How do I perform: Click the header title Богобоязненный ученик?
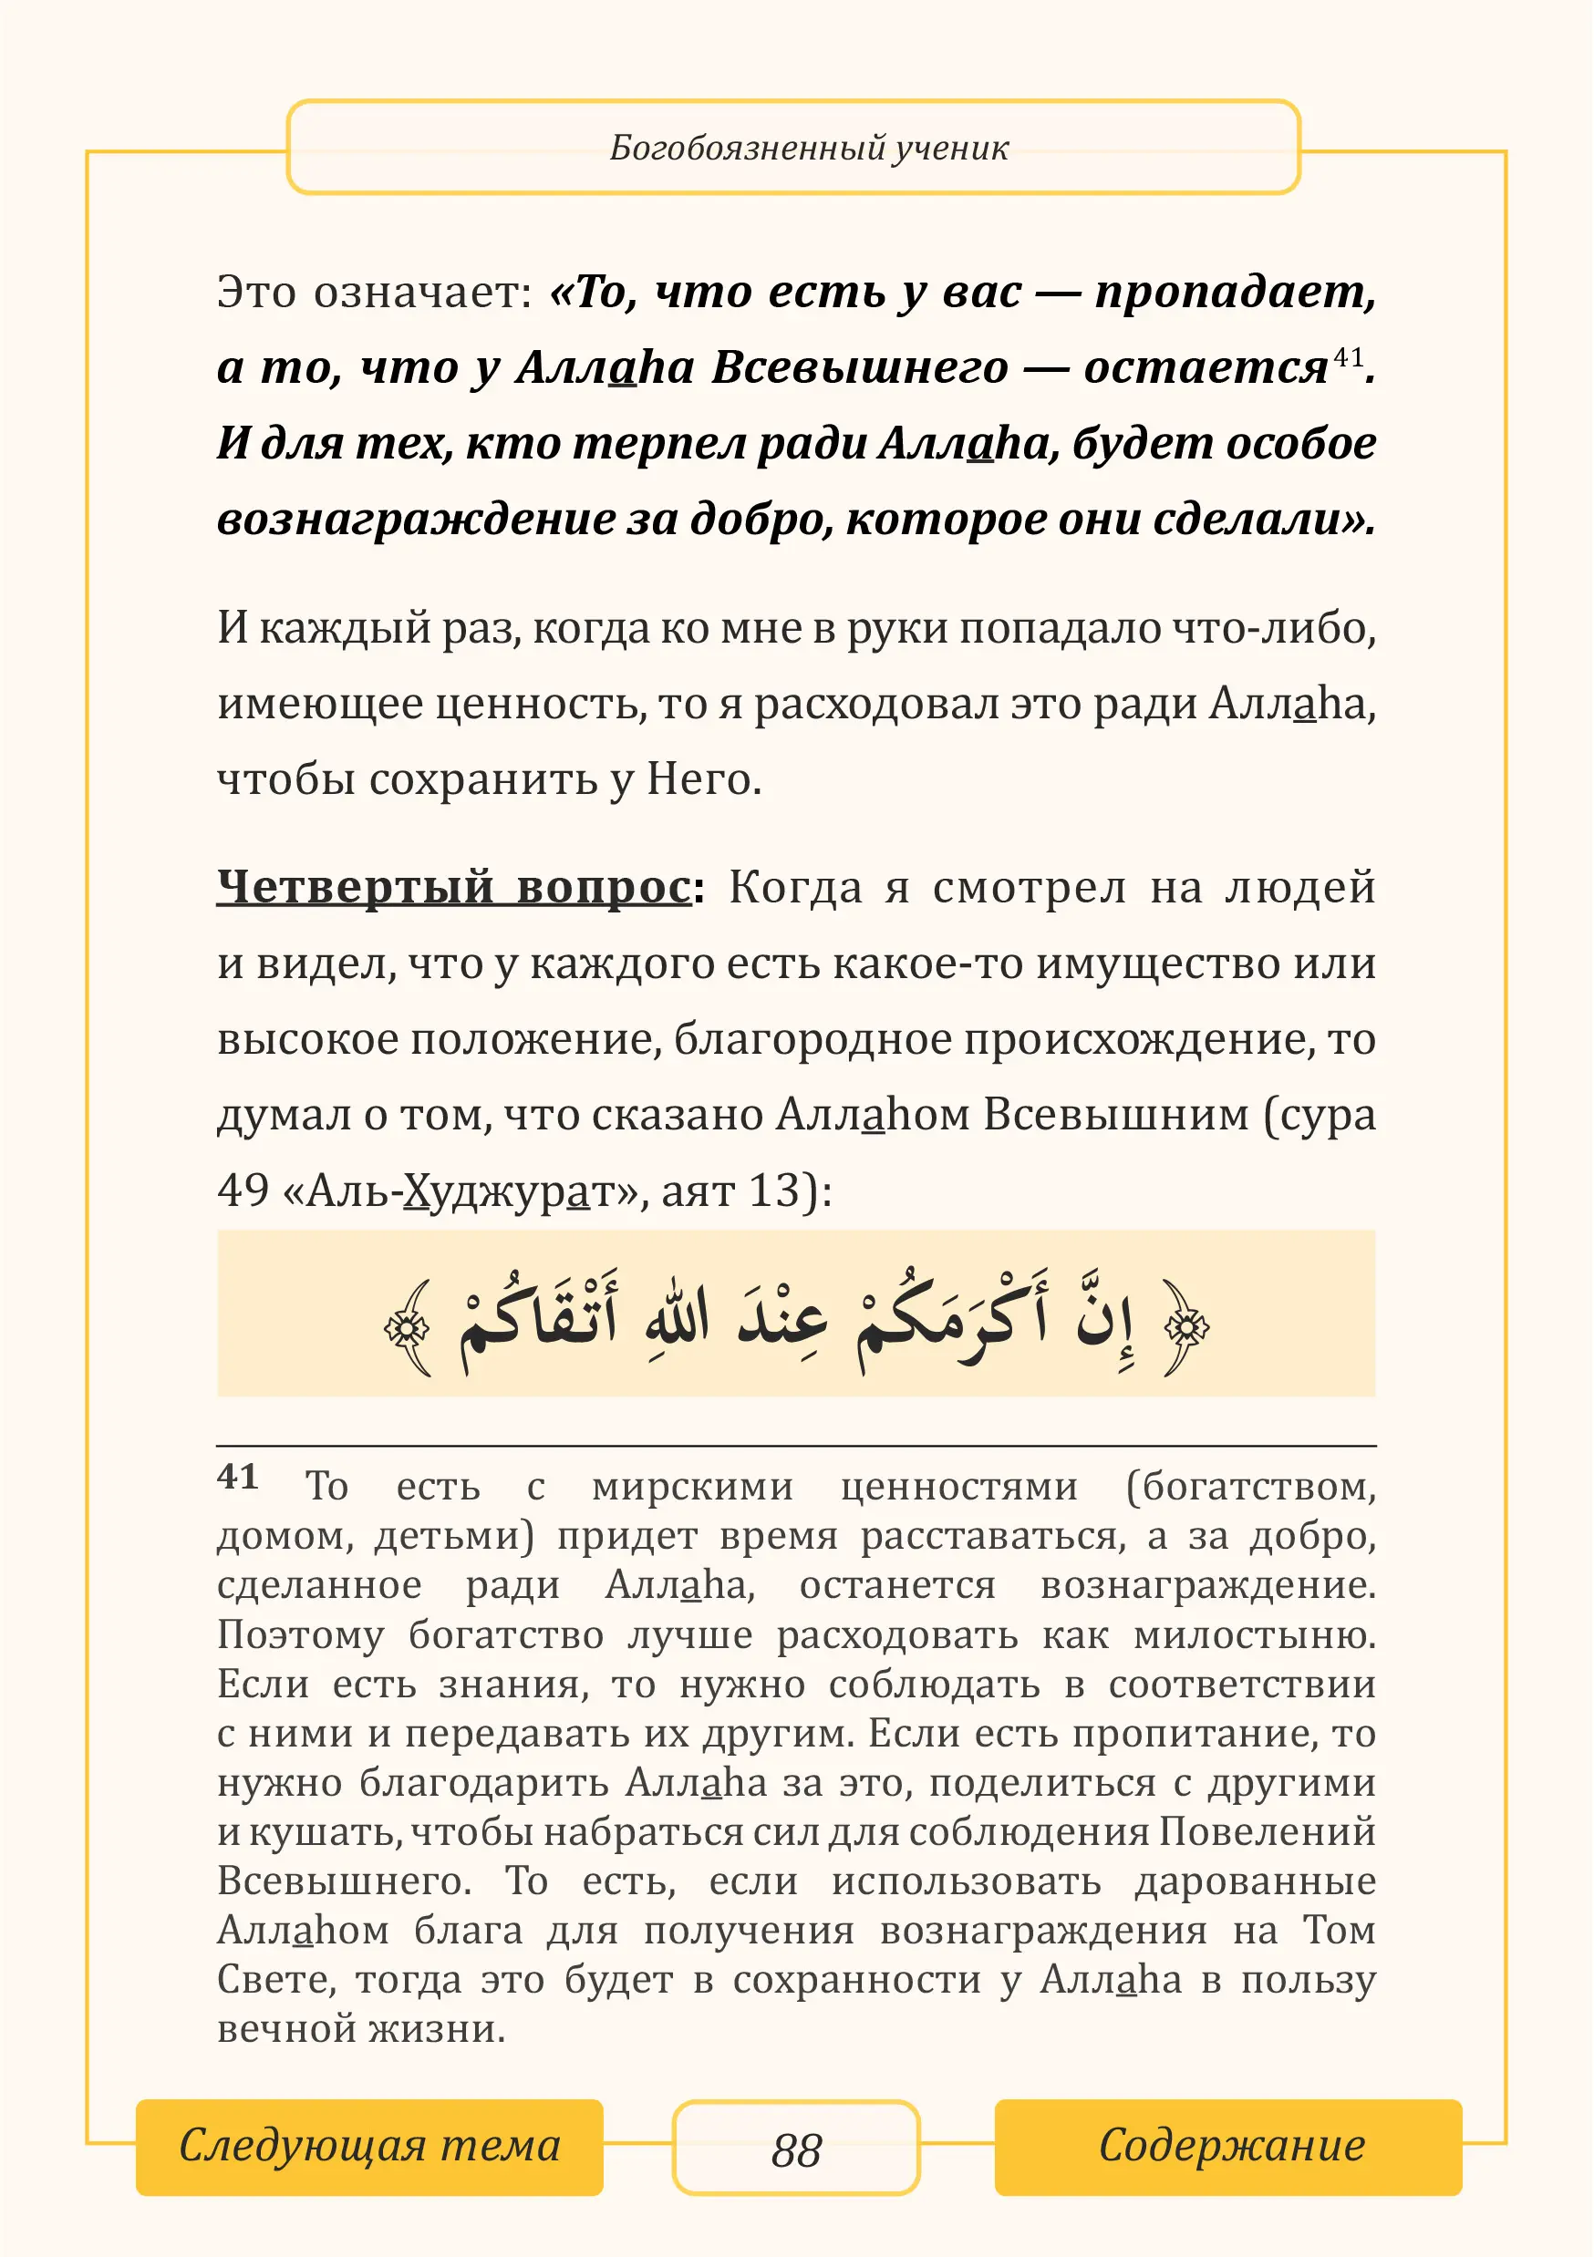808,149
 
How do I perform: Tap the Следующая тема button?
368,2146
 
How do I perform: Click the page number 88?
795,2149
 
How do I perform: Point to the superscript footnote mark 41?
1347,356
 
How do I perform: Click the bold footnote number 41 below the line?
238,1478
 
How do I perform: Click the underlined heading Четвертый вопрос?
453,888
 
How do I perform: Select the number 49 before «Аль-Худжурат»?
243,1190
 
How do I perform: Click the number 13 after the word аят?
774,1190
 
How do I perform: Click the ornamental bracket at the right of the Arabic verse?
1185,1328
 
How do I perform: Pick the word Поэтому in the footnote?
300,1634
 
